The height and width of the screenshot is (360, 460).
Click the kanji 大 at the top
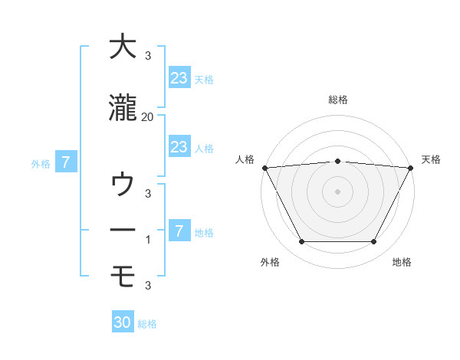click(x=123, y=47)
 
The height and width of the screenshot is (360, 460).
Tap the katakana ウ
click(x=123, y=185)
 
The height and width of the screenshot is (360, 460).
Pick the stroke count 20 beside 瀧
click(x=148, y=117)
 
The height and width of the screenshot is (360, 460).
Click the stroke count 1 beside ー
click(x=147, y=240)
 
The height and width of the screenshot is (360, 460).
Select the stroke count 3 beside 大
click(x=147, y=56)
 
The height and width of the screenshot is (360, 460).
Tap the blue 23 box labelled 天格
click(x=179, y=77)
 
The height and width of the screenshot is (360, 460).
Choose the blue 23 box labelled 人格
click(x=179, y=146)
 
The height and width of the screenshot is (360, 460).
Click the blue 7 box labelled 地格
click(x=179, y=231)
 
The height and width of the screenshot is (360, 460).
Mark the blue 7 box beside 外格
click(x=67, y=162)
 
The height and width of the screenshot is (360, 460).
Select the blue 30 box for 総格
click(x=123, y=322)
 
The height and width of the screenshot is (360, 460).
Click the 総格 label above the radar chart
click(x=337, y=100)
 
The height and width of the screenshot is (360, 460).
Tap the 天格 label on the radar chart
click(x=431, y=159)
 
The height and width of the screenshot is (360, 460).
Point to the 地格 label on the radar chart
click(x=402, y=263)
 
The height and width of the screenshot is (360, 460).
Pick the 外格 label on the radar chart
click(x=270, y=263)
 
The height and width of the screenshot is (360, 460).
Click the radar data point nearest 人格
click(x=264, y=168)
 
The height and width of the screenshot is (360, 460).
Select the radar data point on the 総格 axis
click(x=337, y=161)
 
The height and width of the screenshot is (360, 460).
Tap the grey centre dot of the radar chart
click(x=337, y=191)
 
